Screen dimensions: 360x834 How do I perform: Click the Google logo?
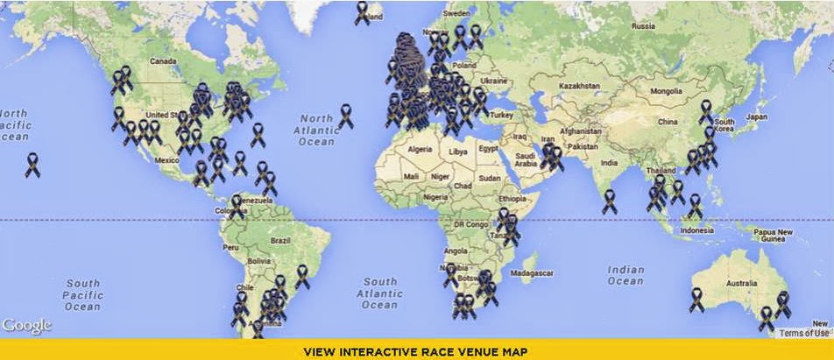tap(26, 325)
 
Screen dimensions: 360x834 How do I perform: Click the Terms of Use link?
tap(804, 333)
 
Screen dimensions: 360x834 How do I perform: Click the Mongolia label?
tap(666, 91)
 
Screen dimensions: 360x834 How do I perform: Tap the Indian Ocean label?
tap(625, 276)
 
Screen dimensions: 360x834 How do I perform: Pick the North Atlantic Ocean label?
tap(316, 130)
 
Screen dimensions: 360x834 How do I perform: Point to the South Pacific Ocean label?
tap(82, 295)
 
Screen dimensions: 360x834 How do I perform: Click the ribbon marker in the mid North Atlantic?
tap(346, 116)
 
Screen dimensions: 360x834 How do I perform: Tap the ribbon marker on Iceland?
tap(363, 12)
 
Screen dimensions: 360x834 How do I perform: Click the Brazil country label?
tap(281, 240)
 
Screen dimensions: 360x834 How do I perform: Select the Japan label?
tap(755, 116)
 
